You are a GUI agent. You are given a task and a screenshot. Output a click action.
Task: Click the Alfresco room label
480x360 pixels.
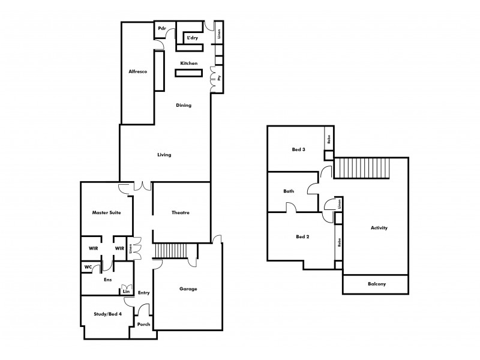click(x=138, y=72)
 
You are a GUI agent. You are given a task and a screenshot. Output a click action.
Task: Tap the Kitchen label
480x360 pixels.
click(x=190, y=63)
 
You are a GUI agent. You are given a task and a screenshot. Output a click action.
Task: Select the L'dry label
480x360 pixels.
click(x=193, y=38)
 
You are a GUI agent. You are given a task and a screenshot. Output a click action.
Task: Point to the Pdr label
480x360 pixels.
click(x=161, y=29)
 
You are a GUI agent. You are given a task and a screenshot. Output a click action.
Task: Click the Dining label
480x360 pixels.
click(x=184, y=106)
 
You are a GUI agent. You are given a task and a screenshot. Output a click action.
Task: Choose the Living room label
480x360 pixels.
click(x=164, y=155)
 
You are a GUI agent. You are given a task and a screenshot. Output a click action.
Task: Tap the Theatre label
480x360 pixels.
click(x=181, y=212)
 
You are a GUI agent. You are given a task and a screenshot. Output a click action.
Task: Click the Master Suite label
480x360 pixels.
click(x=106, y=212)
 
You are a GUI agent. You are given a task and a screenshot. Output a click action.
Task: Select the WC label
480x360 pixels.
click(x=88, y=267)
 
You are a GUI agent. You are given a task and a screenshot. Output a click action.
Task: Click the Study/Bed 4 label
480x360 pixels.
click(x=108, y=314)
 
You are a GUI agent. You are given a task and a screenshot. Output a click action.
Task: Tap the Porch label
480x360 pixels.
click(x=144, y=325)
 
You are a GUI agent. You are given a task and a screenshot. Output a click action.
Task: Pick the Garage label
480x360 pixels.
click(x=188, y=289)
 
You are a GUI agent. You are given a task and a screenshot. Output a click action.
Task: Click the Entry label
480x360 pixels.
click(x=143, y=293)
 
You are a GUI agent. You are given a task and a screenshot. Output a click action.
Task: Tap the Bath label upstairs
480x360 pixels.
click(x=289, y=191)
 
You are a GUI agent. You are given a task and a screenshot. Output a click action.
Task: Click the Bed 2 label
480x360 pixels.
click(x=303, y=236)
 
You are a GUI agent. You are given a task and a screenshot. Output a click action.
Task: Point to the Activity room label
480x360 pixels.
click(x=379, y=228)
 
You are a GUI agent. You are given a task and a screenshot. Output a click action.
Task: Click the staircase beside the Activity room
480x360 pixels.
click(x=362, y=168)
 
